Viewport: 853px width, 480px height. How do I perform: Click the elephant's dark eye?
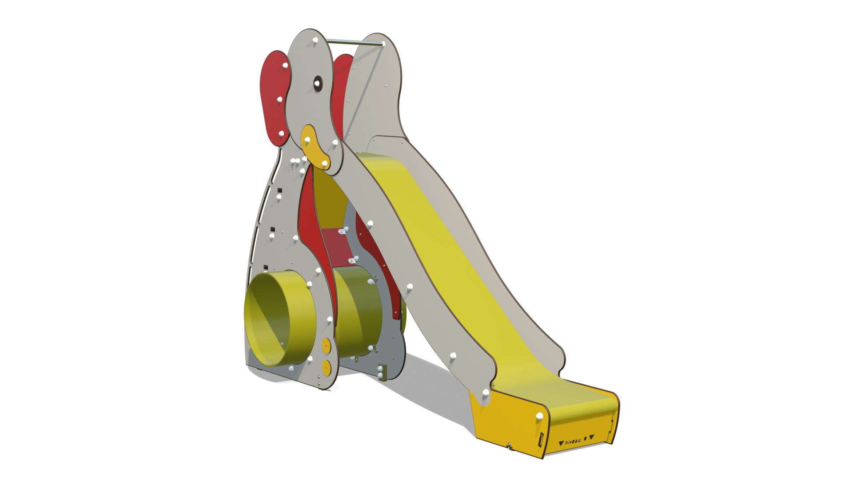click(318, 83)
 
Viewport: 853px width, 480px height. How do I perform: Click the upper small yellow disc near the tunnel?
click(327, 346)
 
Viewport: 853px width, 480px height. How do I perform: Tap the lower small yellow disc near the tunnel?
click(327, 367)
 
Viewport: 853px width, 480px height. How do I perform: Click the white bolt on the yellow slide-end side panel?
click(539, 416)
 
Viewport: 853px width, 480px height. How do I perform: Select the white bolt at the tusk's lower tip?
click(325, 164)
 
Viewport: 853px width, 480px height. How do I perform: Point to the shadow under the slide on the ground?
click(426, 378)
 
